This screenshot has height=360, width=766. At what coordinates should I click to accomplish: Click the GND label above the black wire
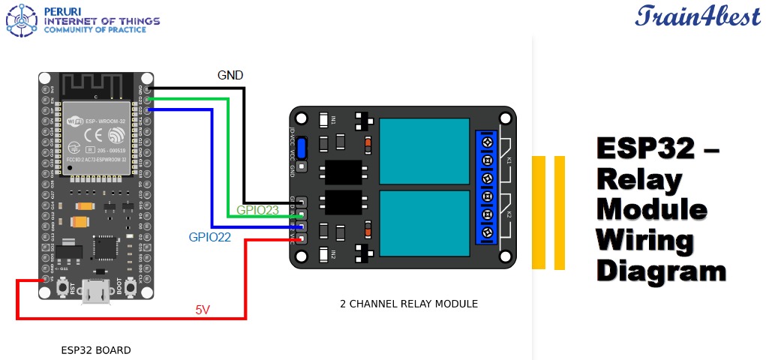[230, 75]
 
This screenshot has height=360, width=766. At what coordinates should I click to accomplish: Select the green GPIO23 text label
[257, 210]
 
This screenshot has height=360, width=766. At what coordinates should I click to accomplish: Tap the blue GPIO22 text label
[209, 237]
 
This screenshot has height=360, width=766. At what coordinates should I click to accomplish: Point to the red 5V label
[203, 308]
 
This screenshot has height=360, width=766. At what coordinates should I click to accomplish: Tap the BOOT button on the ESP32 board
[130, 287]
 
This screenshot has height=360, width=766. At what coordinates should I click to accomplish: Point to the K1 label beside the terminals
[508, 160]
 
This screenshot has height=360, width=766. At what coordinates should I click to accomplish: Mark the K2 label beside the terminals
[508, 215]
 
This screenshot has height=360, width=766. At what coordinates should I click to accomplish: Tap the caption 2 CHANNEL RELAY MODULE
[408, 304]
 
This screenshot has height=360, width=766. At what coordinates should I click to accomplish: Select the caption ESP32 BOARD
[95, 350]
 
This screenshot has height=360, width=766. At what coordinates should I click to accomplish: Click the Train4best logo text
[698, 16]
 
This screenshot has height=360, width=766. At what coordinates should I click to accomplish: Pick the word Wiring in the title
[644, 240]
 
